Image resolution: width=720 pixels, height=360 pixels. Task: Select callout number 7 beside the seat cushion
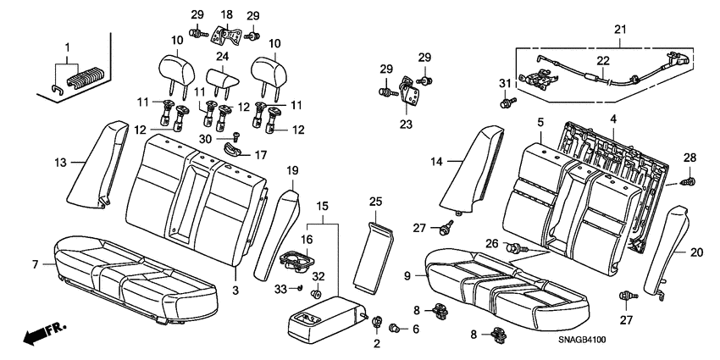tap(36, 265)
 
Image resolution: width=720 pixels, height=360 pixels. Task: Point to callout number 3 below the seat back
tap(236, 291)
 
